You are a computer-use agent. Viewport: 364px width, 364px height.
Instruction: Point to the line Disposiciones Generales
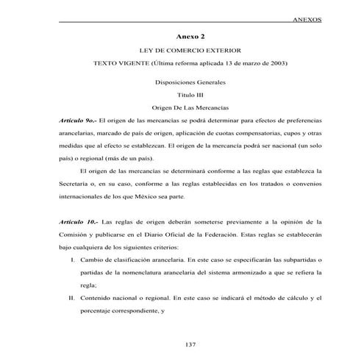coord(190,82)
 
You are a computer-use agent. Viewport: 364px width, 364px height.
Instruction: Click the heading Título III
coord(190,95)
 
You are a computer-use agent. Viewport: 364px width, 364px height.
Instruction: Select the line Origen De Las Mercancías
coord(190,107)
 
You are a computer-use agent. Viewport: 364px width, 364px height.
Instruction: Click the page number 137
coord(190,345)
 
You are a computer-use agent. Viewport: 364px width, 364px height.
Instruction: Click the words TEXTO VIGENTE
coord(118,64)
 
